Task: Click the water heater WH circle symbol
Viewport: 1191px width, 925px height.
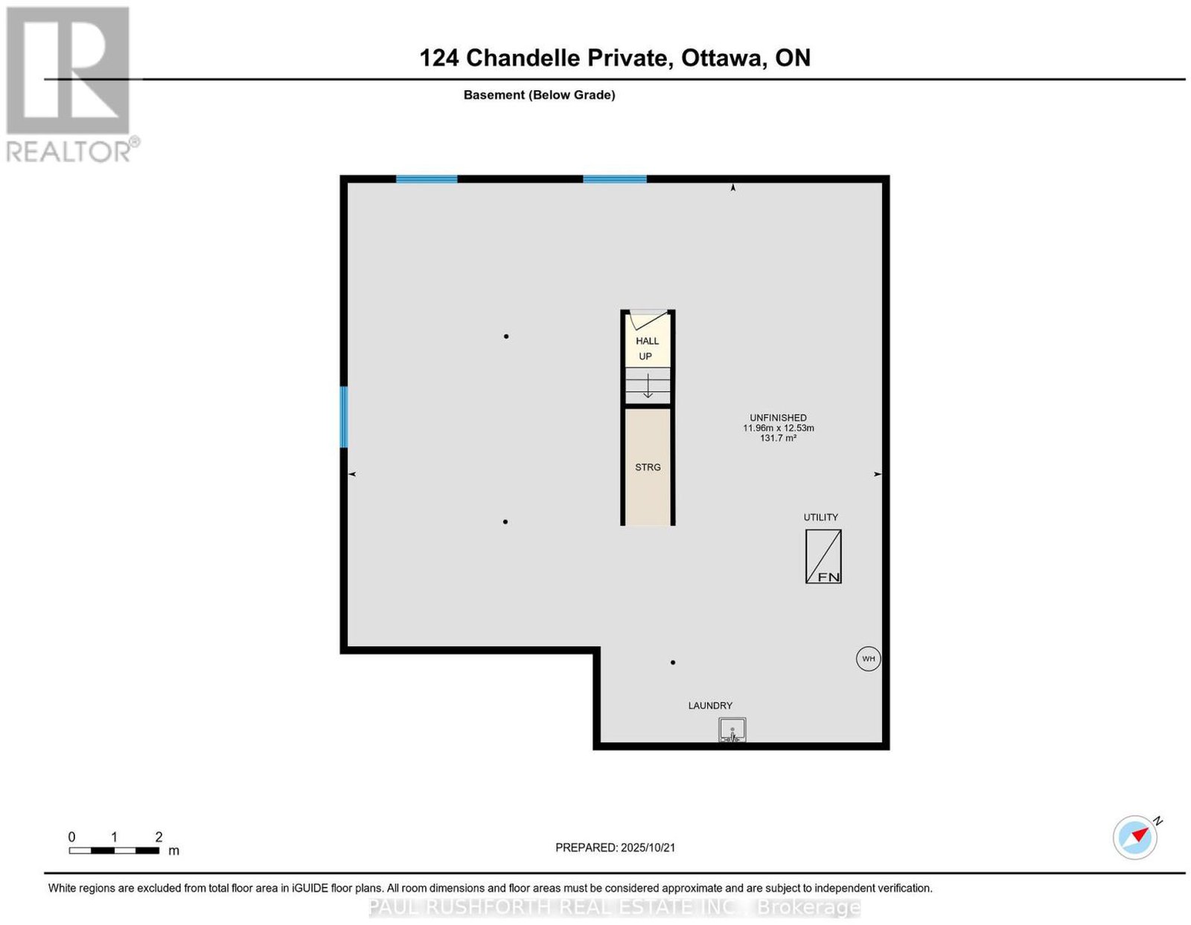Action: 868,659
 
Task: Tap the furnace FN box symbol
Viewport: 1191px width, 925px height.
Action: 823,557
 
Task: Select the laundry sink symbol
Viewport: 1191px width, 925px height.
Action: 732,730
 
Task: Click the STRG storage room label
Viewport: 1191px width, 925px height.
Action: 648,467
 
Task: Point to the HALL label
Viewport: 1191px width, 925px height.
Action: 648,341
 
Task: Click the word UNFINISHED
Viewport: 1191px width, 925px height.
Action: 779,418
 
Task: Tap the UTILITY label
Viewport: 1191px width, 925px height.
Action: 821,517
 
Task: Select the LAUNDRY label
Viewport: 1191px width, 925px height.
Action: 710,705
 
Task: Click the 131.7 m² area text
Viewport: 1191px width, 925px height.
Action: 779,438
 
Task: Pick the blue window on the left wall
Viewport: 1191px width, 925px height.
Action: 344,417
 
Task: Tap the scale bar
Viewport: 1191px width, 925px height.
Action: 114,851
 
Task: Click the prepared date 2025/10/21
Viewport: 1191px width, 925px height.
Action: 648,848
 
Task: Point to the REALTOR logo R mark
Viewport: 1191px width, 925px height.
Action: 68,71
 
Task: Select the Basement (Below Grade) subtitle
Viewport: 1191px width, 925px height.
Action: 540,95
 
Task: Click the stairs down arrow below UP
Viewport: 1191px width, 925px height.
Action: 648,385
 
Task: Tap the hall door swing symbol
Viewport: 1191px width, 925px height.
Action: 648,320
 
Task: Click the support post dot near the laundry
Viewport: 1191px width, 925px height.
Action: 672,662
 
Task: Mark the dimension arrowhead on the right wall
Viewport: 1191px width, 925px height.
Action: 878,474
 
